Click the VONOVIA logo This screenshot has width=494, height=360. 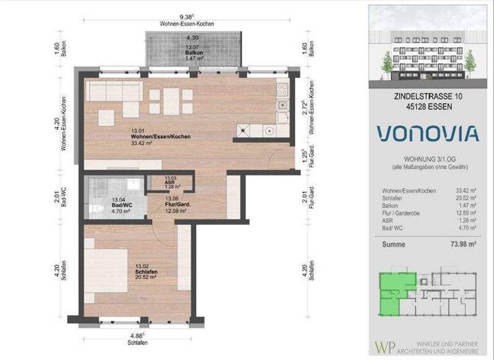[428, 133]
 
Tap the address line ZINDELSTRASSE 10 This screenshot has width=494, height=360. [428, 96]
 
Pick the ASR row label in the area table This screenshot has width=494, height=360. [387, 219]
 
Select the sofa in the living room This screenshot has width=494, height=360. [113, 92]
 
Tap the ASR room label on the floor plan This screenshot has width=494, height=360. [170, 182]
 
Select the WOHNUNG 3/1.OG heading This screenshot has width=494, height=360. [428, 158]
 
